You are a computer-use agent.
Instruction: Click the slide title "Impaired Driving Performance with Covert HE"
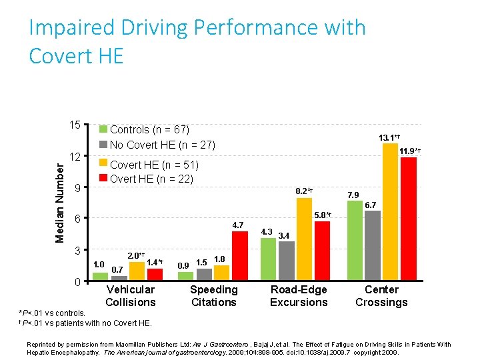point(197,41)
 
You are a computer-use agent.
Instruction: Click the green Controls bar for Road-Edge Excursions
point(268,259)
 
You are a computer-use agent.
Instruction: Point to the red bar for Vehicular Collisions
point(155,274)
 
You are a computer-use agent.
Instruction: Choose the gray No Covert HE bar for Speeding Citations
point(204,274)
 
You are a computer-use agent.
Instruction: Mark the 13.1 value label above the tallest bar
point(389,137)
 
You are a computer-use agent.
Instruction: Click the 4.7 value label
point(237,225)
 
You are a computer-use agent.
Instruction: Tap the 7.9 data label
point(353,195)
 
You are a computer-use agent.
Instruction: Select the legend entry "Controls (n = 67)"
point(149,129)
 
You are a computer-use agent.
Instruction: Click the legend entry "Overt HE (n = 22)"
point(151,178)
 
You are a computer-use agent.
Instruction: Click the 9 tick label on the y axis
point(77,188)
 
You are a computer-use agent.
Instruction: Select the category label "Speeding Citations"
point(213,295)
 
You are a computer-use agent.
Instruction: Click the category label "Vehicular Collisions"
point(130,295)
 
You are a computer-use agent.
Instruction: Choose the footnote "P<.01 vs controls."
point(55,313)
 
